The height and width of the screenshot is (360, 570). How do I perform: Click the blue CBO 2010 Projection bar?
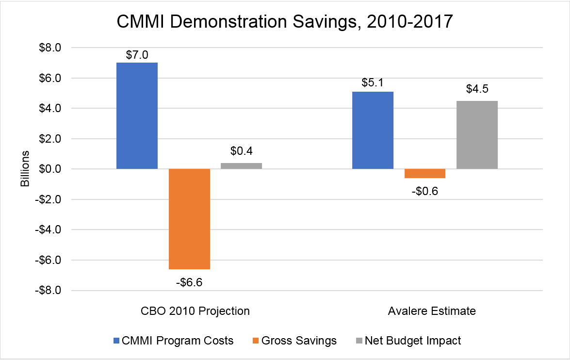tap(137, 115)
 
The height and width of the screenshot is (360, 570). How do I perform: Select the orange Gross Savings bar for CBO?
tap(189, 219)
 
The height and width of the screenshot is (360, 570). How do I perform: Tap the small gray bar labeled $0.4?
tap(241, 166)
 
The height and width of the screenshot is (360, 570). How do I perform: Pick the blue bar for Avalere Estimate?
tap(373, 130)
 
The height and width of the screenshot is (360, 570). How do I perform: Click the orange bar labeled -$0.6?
tap(424, 174)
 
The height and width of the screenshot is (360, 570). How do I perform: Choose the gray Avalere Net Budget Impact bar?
tap(477, 135)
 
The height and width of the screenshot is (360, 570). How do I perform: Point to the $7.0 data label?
tap(137, 55)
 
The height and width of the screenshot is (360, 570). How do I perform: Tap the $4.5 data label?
tap(477, 90)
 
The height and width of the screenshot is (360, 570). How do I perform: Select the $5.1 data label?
tap(373, 83)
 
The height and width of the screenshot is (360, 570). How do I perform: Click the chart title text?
tap(285, 22)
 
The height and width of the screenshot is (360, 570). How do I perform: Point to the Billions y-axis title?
tap(25, 169)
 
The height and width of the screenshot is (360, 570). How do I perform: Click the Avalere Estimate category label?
tap(432, 311)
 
